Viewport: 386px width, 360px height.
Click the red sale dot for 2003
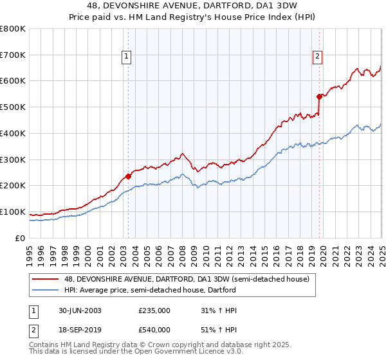point(128,175)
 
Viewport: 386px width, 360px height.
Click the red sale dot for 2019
point(319,96)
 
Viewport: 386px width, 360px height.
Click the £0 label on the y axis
point(21,238)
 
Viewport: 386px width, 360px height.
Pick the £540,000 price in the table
point(154,331)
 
